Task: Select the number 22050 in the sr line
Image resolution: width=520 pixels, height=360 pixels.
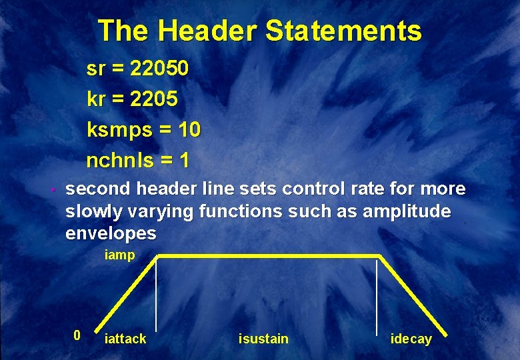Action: (160, 68)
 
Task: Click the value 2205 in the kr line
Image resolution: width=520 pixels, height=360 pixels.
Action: (154, 99)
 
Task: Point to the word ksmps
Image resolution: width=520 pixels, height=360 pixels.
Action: (119, 129)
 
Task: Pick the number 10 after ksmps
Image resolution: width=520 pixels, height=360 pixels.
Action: (189, 129)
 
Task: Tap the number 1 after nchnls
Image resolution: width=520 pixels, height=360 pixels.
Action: (184, 160)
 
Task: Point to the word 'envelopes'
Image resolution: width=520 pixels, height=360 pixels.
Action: (111, 234)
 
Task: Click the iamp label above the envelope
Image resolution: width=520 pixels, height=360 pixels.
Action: (120, 255)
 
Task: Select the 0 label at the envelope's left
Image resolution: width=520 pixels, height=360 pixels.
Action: (77, 335)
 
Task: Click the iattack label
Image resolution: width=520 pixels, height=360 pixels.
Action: (125, 339)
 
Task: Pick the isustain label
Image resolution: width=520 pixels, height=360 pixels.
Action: (263, 339)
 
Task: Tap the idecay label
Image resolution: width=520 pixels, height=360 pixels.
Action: (411, 339)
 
